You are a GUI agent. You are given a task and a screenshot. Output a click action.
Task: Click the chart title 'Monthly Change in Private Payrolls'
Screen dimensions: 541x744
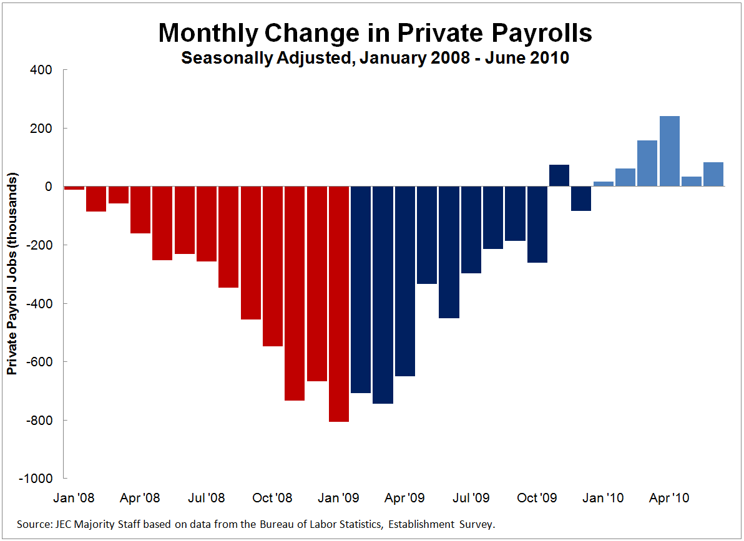[x=374, y=32]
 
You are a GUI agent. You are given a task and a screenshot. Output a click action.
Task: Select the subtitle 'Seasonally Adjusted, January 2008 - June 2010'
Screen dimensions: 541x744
[x=374, y=59]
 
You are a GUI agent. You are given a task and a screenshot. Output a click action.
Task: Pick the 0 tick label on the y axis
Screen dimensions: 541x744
[x=47, y=187]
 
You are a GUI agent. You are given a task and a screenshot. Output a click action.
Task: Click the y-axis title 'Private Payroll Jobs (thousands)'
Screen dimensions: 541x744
[x=12, y=275]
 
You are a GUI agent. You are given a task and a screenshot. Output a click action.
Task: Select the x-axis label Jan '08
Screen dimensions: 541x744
[x=74, y=498]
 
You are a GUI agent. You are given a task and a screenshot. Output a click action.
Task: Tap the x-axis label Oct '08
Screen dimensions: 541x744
[x=273, y=498]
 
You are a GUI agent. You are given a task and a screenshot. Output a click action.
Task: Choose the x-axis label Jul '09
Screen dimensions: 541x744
[x=471, y=498]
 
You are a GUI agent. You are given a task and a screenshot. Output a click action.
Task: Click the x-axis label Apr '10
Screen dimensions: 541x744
[x=669, y=498]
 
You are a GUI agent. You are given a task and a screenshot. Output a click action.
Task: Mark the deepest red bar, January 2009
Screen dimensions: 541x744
[x=339, y=304]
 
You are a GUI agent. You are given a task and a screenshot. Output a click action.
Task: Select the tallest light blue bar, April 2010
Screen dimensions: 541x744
[x=669, y=152]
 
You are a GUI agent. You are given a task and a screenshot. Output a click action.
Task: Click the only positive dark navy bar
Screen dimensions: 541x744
[x=559, y=175]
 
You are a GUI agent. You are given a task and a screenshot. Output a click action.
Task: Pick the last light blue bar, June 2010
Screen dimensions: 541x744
[x=713, y=174]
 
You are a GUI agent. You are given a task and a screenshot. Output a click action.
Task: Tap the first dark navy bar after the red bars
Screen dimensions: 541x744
[x=361, y=290]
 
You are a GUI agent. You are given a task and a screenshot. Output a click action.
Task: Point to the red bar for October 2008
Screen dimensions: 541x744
[x=273, y=266]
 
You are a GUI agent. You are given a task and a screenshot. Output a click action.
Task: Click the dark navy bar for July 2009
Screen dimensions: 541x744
[x=471, y=230]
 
